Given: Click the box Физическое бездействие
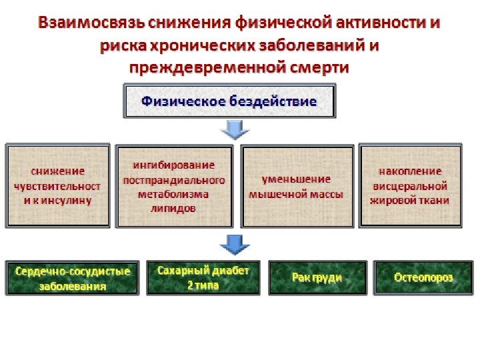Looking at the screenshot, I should pyautogui.click(x=229, y=102).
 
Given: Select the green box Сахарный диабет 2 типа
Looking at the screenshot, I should pyautogui.click(x=203, y=277).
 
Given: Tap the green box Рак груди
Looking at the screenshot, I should pyautogui.click(x=317, y=277).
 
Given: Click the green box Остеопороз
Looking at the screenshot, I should pyautogui.click(x=423, y=277).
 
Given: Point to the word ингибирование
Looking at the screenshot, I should pyautogui.click(x=174, y=165).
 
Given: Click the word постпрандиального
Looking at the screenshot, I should pyautogui.click(x=174, y=180).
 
